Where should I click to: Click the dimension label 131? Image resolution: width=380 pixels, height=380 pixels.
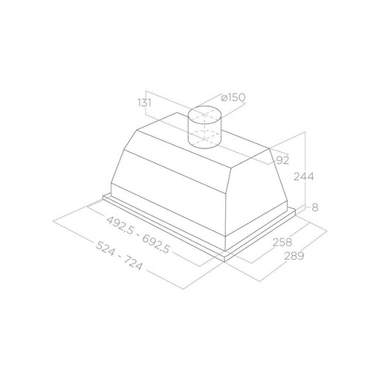(x=145, y=103)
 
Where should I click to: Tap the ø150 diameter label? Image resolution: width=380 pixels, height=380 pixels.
(x=233, y=97)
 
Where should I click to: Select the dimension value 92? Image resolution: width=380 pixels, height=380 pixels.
(x=283, y=160)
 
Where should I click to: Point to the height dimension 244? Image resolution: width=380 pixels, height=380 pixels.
(x=304, y=176)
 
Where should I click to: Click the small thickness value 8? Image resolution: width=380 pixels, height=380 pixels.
(x=315, y=207)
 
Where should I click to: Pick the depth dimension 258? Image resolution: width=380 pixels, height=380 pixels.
(x=282, y=242)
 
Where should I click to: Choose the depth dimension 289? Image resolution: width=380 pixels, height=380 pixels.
(x=294, y=256)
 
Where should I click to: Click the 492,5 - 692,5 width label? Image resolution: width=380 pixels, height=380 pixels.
(x=138, y=234)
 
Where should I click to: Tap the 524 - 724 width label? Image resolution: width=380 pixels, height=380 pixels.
(x=119, y=256)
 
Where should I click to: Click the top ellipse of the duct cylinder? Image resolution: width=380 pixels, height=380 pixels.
(x=204, y=106)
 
